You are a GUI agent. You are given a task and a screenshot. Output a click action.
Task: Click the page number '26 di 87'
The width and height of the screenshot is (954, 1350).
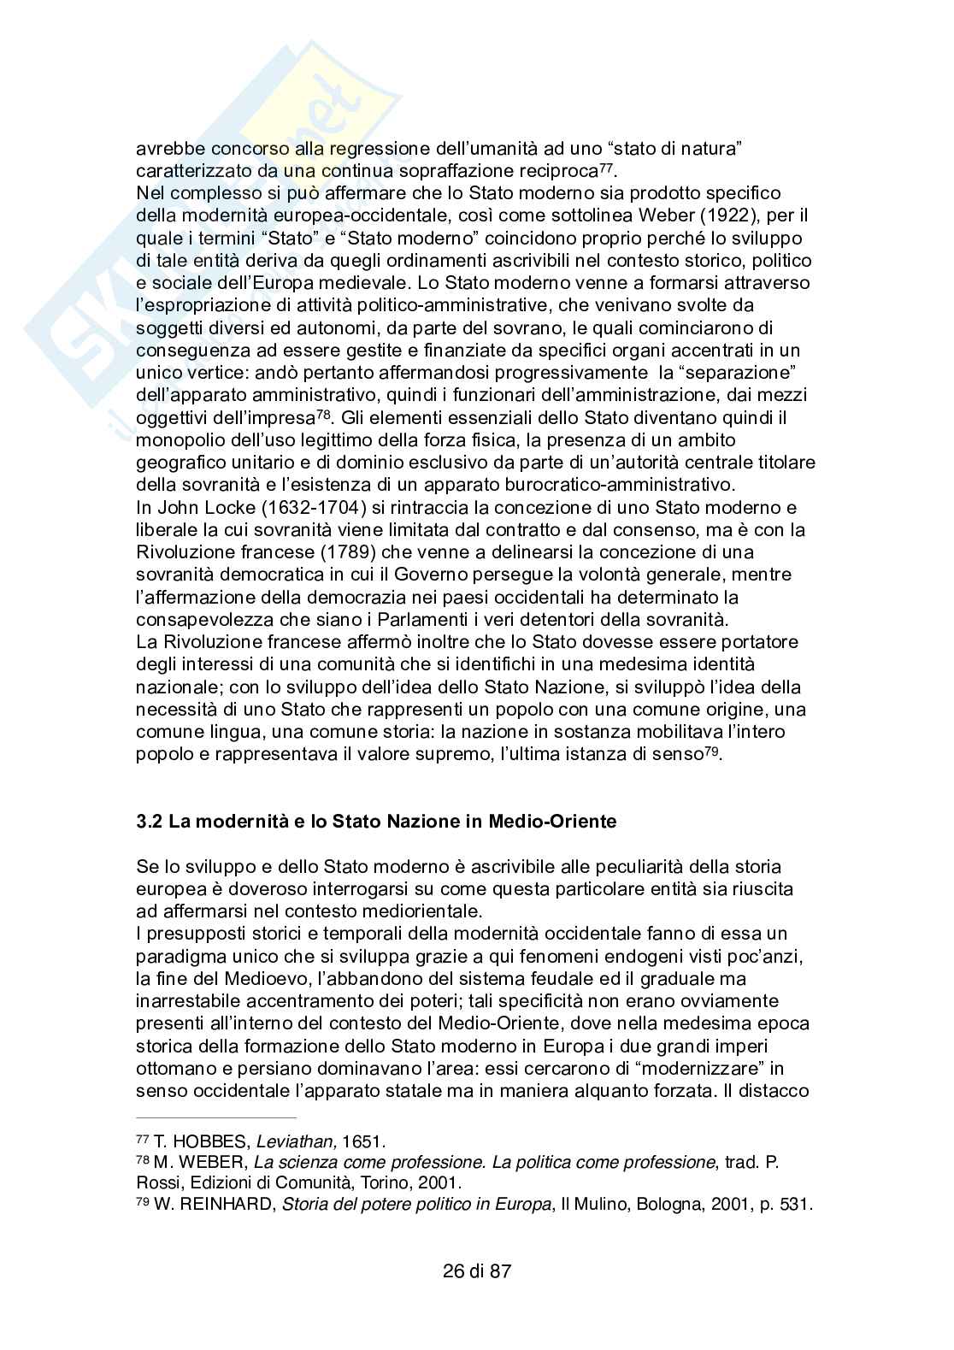tap(477, 1270)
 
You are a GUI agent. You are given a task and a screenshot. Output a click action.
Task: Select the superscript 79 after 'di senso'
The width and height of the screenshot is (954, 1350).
tap(711, 749)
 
